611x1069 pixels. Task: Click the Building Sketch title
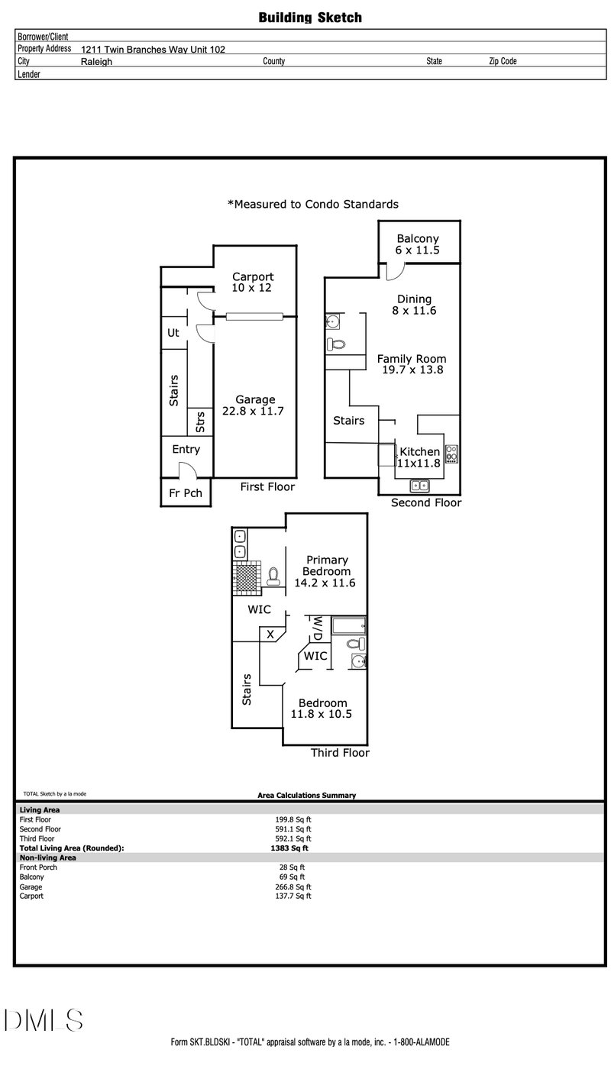click(310, 18)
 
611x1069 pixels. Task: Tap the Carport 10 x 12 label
click(253, 282)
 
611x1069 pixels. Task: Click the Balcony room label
click(418, 238)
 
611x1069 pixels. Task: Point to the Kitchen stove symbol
click(451, 454)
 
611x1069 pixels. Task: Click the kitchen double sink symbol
click(419, 486)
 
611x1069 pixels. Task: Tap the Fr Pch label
click(186, 493)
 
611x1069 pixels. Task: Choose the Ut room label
click(173, 333)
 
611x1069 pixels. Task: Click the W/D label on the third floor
click(318, 628)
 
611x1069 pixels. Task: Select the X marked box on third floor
click(270, 635)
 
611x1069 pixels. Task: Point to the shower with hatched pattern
click(247, 578)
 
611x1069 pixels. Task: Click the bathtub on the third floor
click(349, 625)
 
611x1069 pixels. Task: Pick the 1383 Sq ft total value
click(289, 848)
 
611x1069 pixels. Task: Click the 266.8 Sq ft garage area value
click(293, 887)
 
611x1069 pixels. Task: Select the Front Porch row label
click(38, 867)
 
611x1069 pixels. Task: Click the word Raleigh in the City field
click(96, 62)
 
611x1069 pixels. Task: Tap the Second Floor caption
click(426, 502)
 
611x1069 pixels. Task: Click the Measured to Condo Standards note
click(313, 205)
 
